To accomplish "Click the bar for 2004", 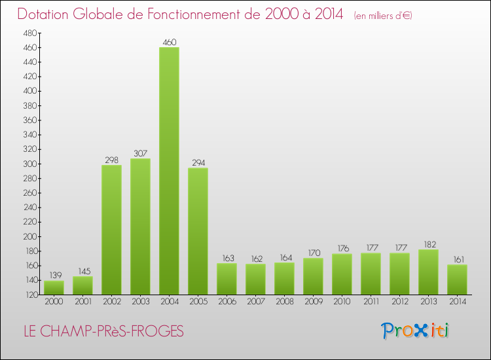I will tap(169, 170).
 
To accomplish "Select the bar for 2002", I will tap(111, 229).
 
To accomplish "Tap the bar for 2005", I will tap(198, 230).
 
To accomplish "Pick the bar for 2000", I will tap(54, 287).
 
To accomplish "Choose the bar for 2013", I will tap(428, 272).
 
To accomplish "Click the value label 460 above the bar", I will tap(169, 43).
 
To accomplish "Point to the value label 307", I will tap(140, 154).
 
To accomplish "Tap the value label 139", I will tap(54, 276).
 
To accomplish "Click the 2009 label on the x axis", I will tap(313, 302).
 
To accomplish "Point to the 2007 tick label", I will tap(255, 302).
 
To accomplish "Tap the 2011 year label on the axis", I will tap(371, 302).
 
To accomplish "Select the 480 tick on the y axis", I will tap(30, 33).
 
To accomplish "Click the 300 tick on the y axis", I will tap(30, 164).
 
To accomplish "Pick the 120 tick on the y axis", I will tap(30, 295).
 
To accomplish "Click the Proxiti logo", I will tap(416, 331).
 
